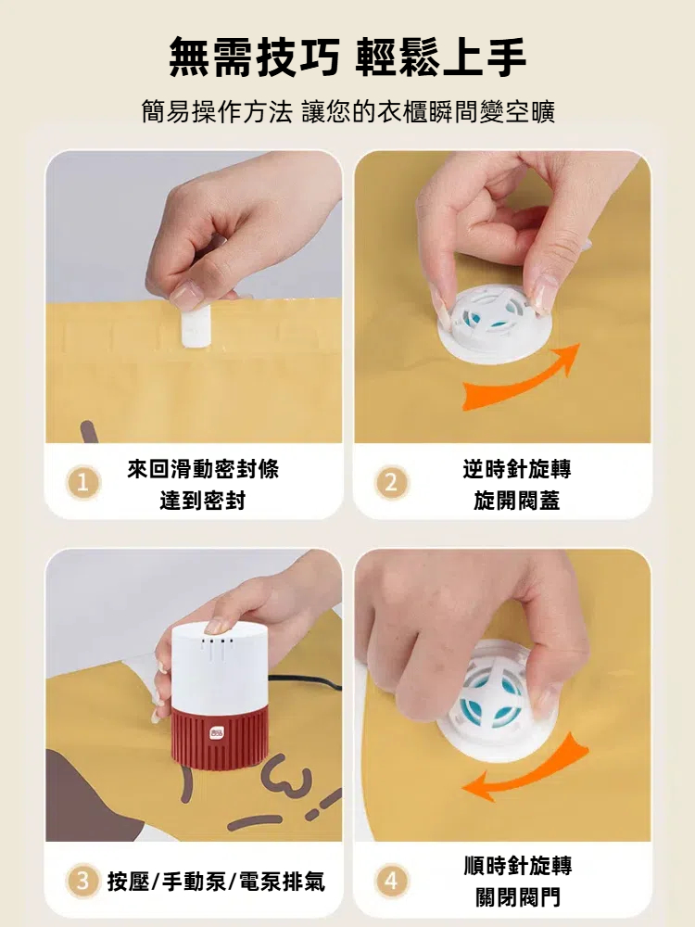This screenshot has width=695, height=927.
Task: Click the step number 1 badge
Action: (82, 483)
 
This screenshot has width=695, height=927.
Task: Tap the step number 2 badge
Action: (391, 483)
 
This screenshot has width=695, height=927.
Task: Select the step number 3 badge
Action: (82, 882)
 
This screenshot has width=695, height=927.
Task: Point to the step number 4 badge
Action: (391, 882)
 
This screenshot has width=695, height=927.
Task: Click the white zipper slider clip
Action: (196, 324)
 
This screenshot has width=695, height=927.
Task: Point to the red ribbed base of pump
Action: (220, 738)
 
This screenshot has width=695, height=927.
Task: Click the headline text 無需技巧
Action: (255, 57)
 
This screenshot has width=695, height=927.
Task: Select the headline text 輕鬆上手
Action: (441, 57)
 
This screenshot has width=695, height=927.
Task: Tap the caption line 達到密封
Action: (202, 501)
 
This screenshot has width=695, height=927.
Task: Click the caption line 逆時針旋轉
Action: (516, 469)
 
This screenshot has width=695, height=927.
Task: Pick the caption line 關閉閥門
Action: (517, 897)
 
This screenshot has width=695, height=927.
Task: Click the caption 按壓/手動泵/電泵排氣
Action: (216, 882)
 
